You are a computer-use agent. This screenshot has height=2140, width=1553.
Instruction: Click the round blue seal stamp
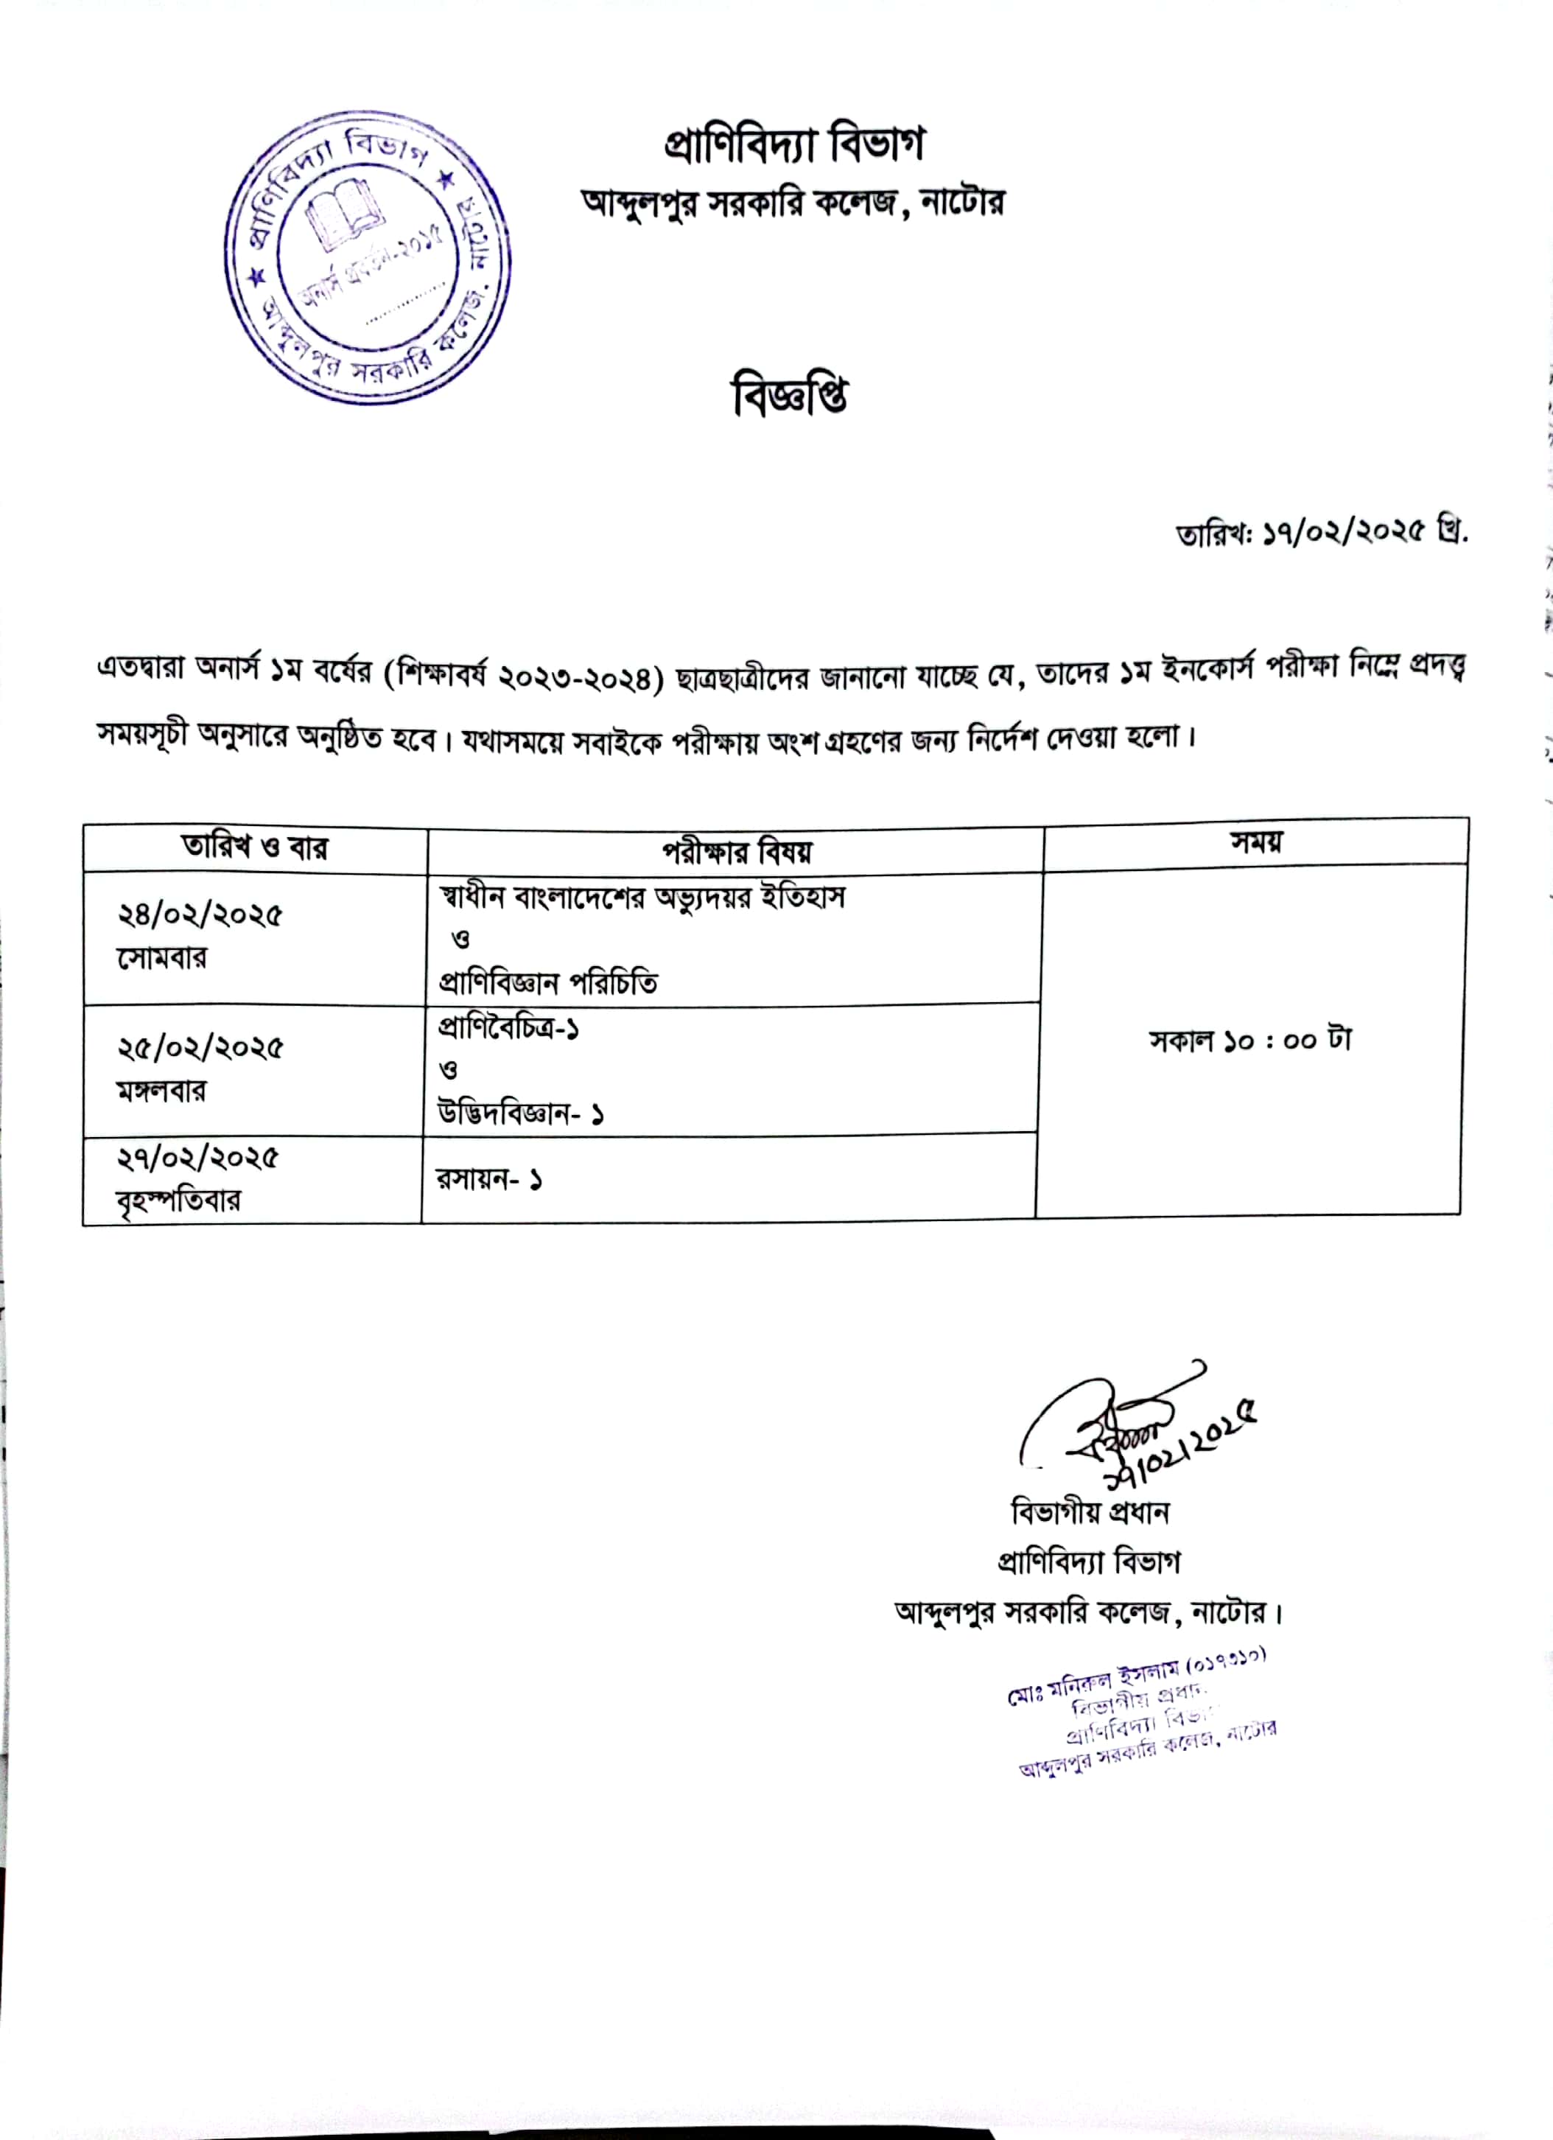click(x=368, y=259)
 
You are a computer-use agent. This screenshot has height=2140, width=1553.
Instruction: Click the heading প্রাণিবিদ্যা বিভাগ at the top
click(x=793, y=144)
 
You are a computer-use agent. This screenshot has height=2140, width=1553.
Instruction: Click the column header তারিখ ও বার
click(x=255, y=847)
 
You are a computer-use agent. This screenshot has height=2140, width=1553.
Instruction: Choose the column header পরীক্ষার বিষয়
click(x=736, y=852)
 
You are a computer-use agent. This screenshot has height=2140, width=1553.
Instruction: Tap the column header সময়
click(x=1256, y=842)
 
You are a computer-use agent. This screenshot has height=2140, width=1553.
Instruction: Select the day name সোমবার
click(x=161, y=958)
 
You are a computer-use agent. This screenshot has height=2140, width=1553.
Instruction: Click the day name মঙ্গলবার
click(x=161, y=1091)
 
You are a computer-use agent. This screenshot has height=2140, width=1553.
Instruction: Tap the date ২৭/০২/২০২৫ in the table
click(x=198, y=1158)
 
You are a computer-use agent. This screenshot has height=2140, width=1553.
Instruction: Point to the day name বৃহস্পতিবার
click(x=179, y=1200)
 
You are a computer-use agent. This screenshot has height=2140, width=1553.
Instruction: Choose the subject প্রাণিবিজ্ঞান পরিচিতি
click(x=548, y=983)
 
